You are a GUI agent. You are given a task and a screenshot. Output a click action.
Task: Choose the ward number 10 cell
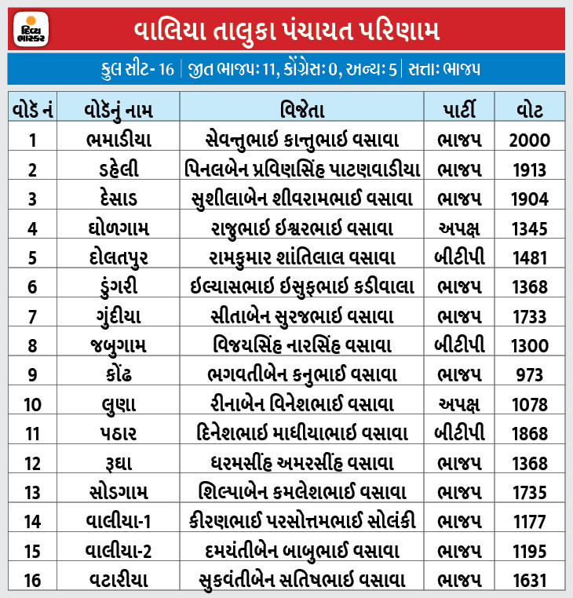tap(32, 405)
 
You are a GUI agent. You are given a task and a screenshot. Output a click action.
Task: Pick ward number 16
tap(32, 582)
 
